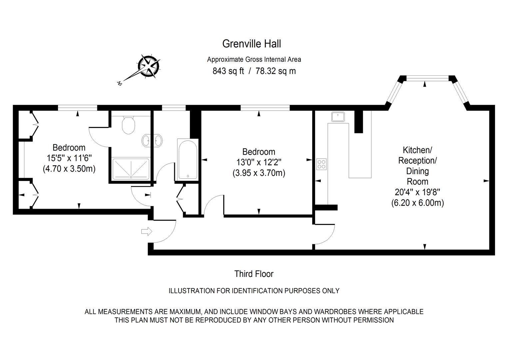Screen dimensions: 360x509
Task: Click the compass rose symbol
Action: tap(149, 65)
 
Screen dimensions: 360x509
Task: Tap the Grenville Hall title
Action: tap(252, 44)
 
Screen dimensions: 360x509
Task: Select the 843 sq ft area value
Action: tap(228, 71)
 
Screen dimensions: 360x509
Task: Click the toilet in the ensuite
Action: tap(128, 125)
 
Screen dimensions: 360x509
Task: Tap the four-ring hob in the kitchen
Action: tap(321, 164)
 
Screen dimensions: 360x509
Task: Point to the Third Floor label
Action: tap(254, 274)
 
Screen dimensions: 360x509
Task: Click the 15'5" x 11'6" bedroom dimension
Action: tap(69, 158)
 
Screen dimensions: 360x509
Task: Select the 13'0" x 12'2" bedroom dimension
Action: tap(258, 163)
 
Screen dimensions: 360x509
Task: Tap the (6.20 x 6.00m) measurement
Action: tap(417, 203)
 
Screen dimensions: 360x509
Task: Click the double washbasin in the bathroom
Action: tap(152, 141)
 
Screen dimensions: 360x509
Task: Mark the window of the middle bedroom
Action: tap(265, 108)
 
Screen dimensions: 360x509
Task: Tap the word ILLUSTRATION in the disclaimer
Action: tap(192, 291)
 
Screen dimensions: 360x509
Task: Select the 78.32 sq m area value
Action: tap(275, 71)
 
